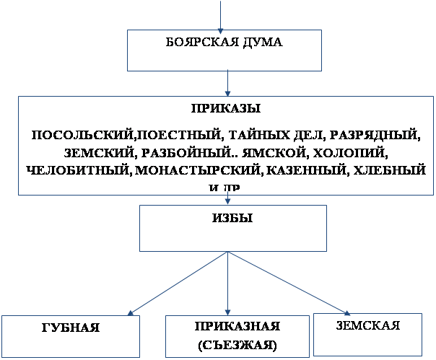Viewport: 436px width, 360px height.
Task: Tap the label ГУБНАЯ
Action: coord(70,328)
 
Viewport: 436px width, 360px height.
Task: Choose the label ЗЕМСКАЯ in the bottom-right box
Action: coord(368,325)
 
